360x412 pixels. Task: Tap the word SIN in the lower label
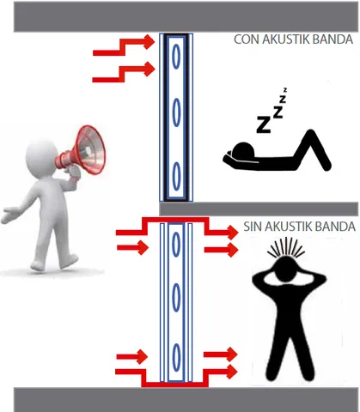[x=253, y=227]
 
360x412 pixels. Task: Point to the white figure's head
[x=42, y=157]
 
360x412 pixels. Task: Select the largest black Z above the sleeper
[x=264, y=124]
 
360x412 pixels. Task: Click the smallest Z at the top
[x=285, y=90]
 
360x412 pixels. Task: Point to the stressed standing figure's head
[x=284, y=269]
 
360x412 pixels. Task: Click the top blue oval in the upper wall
[x=176, y=56]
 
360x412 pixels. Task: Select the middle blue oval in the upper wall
[x=176, y=112]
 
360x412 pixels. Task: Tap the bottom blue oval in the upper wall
[x=177, y=176]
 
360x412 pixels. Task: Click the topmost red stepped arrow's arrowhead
[x=149, y=42]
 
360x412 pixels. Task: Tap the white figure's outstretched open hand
[x=10, y=214]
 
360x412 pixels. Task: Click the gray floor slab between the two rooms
[x=259, y=209]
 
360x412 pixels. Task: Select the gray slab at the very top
[x=186, y=16]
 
